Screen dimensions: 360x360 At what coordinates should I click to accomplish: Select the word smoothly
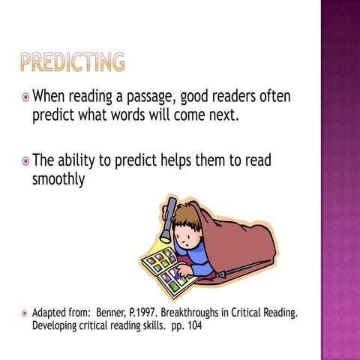(x=58, y=181)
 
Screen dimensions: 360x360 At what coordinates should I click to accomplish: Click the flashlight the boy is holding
(x=169, y=217)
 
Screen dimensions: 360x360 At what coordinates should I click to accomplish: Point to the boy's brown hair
(x=189, y=218)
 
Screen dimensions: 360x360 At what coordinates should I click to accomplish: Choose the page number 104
(x=191, y=326)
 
